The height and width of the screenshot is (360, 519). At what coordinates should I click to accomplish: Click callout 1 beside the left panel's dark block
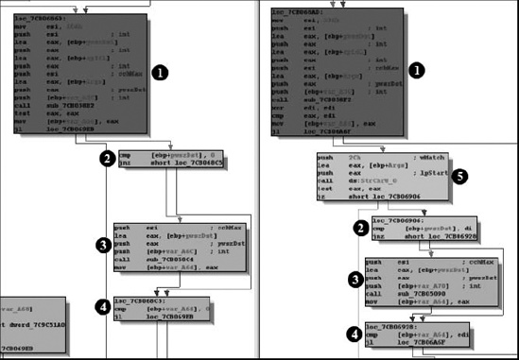(x=161, y=71)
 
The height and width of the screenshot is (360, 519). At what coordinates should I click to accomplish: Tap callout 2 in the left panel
(x=107, y=160)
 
